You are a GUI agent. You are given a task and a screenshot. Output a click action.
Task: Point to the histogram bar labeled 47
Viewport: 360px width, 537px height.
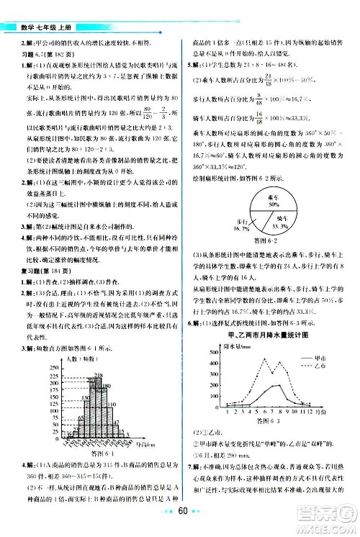(x=118, y=436)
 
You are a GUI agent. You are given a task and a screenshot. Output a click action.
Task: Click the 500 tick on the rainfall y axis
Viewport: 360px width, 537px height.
(x=212, y=352)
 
